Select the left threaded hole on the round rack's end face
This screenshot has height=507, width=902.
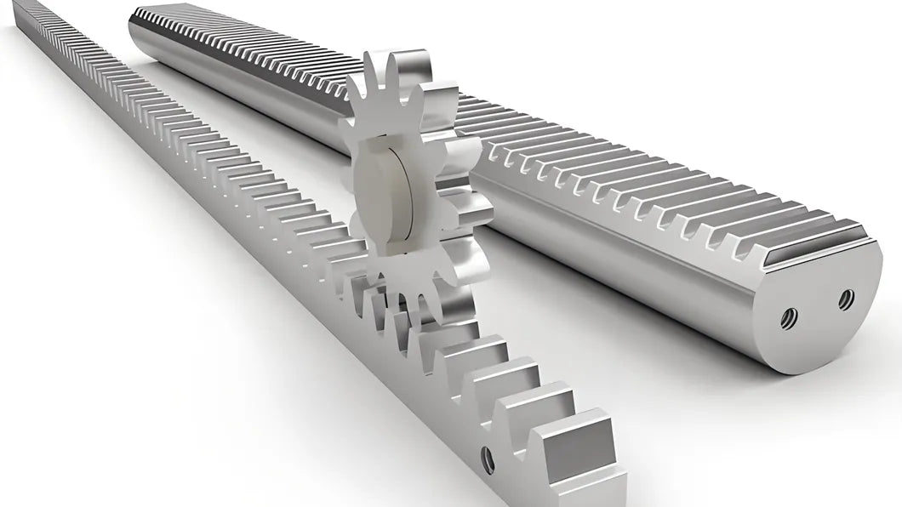(788, 318)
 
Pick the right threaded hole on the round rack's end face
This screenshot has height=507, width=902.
(845, 299)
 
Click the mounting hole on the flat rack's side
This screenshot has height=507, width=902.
(488, 460)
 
